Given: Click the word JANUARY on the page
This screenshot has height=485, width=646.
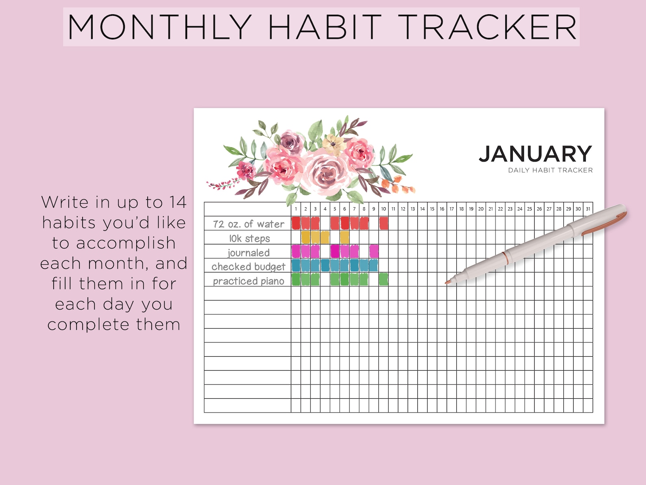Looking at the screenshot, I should [535, 154].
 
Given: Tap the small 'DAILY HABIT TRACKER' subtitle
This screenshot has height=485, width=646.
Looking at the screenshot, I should [550, 170].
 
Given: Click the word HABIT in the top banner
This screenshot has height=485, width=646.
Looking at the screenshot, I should [325, 27].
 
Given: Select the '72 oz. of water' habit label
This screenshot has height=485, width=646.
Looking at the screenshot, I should [249, 224].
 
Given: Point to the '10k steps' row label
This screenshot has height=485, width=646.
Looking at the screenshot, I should [249, 238].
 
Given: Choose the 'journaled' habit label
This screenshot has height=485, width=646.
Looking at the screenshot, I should [249, 252].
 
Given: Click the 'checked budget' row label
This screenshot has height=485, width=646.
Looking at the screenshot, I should [249, 267].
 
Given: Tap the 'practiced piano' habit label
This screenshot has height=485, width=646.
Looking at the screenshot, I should [249, 281].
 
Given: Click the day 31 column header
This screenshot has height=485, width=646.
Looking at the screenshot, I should [588, 209].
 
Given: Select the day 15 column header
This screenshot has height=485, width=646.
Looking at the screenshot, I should [432, 209].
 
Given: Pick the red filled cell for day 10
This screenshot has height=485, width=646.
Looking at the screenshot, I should [384, 223].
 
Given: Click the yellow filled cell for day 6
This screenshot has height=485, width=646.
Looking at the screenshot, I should [345, 237].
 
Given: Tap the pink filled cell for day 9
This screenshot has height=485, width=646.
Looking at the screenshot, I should [374, 251].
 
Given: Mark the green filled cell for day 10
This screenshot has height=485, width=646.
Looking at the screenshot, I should [383, 279].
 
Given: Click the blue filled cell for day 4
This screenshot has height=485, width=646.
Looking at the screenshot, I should [325, 265].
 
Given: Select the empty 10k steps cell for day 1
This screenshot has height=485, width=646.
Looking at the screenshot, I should [296, 237].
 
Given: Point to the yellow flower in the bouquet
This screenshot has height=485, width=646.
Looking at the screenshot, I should [333, 143].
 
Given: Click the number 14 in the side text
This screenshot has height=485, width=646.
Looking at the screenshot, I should [178, 202].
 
